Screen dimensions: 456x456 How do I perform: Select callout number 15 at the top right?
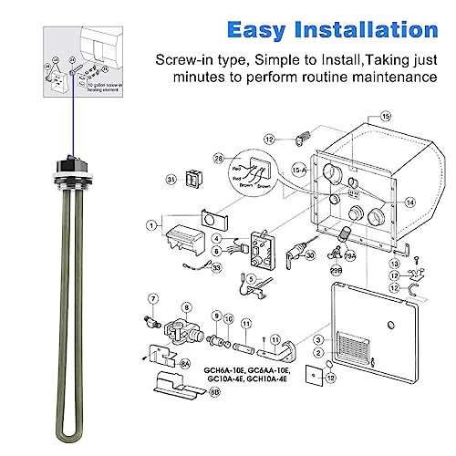pyautogui.click(x=385, y=118)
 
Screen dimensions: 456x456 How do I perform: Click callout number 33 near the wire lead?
pyautogui.click(x=215, y=268)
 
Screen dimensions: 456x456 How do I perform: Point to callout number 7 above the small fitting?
pyautogui.click(x=154, y=297)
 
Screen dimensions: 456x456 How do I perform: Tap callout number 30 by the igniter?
pyautogui.click(x=311, y=257)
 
